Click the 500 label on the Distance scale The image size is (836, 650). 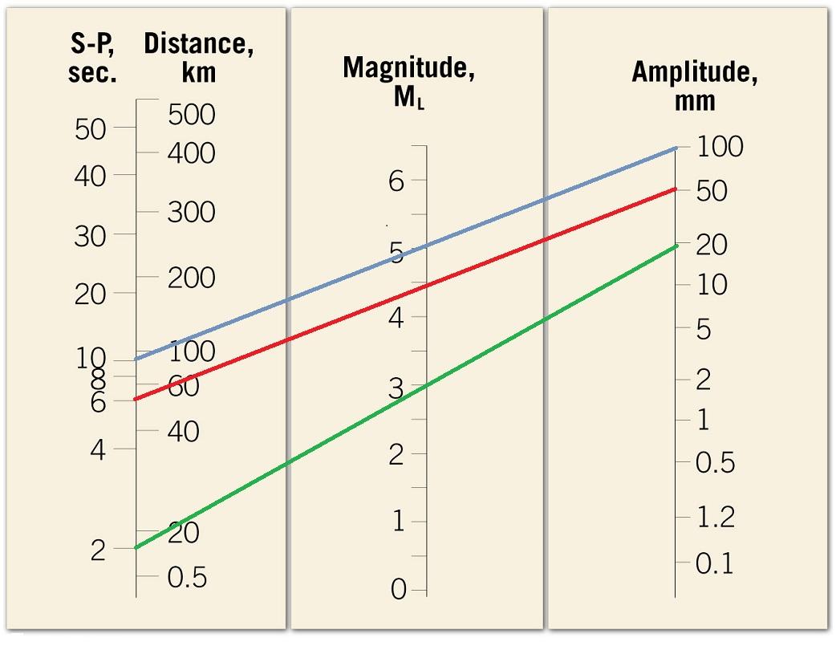[192, 115]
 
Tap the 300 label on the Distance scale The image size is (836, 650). [192, 213]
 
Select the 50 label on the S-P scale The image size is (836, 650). [91, 128]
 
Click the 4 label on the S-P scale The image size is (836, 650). [98, 449]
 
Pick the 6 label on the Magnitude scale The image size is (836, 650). [396, 181]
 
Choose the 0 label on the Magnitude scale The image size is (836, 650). [398, 590]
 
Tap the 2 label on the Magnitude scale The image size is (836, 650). [396, 455]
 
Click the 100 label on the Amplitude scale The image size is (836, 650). [720, 147]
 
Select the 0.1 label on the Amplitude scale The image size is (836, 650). [714, 564]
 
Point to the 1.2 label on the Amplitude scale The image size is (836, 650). [715, 518]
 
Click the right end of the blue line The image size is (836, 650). [676, 148]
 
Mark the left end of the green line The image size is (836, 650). [136, 548]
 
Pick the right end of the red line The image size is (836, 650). [676, 189]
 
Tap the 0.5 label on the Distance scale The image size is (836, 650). [186, 578]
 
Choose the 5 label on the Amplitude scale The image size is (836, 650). [703, 329]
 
